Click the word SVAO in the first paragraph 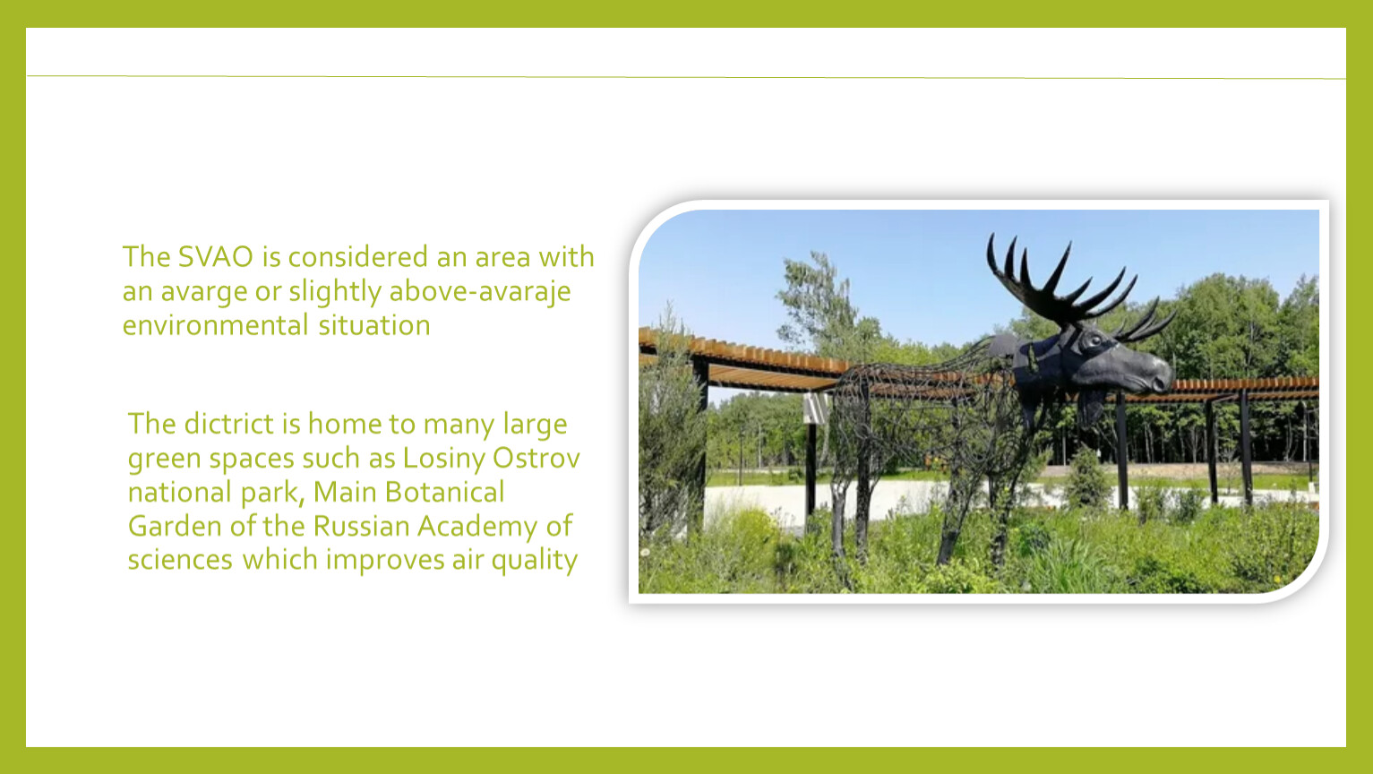point(215,256)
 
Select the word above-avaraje point(480,290)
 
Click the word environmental point(215,324)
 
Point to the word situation point(373,324)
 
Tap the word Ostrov point(536,458)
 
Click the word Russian point(361,526)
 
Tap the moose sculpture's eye point(1094,340)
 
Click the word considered point(358,256)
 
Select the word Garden point(175,526)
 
